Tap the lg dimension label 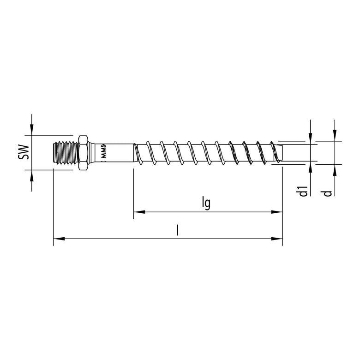[x=206, y=204]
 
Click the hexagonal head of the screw [x=83, y=153]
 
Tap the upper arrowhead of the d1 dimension [x=311, y=139]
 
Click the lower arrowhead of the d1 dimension [x=311, y=166]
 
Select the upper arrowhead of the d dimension [x=335, y=136]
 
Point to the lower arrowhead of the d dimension [x=335, y=169]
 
